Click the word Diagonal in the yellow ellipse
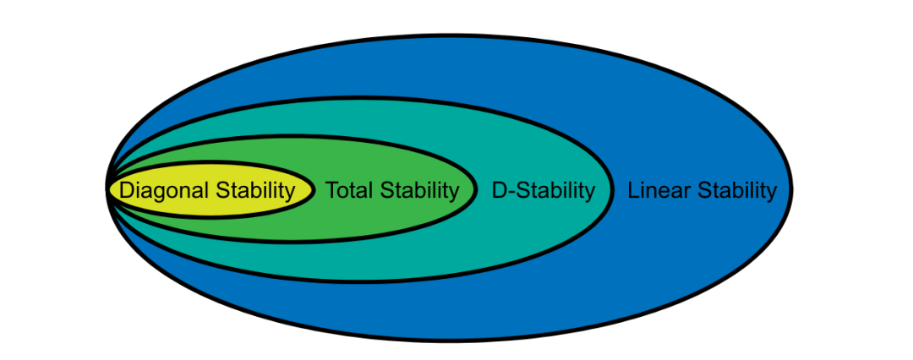[164, 190]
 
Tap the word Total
[347, 190]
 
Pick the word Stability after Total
[418, 190]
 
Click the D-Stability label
[544, 190]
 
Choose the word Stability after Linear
[736, 190]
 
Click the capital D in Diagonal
[127, 190]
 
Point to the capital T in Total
[332, 190]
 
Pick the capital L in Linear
[633, 190]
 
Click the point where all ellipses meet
[108, 188]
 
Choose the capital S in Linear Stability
[704, 190]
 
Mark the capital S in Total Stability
[386, 190]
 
